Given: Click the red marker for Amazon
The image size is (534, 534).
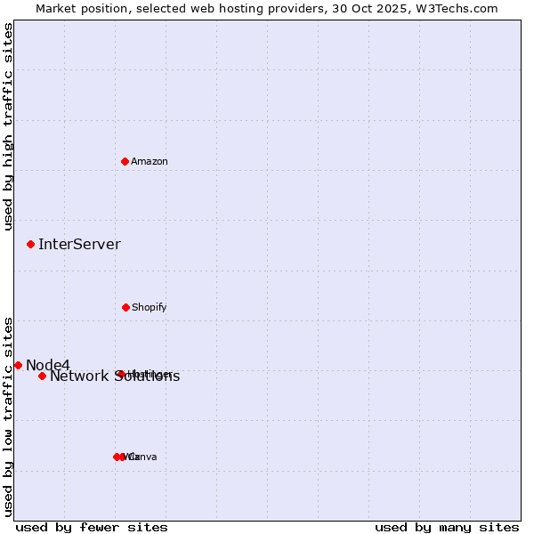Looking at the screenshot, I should [x=125, y=161].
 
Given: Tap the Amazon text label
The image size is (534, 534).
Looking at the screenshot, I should [x=150, y=162].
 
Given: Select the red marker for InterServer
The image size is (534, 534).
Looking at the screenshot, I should [x=31, y=244].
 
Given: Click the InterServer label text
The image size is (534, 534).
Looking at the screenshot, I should [x=79, y=245].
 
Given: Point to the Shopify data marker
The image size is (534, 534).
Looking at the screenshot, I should [x=125, y=307].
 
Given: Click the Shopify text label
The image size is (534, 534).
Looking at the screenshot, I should [x=150, y=308].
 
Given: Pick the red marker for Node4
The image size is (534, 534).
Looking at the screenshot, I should [x=18, y=365].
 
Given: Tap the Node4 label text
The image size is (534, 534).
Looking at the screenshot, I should [x=48, y=365].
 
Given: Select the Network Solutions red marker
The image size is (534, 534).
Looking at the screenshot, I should [x=42, y=376].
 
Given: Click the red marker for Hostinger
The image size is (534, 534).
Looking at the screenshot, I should [x=120, y=374].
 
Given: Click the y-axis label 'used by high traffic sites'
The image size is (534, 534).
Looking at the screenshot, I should [x=9, y=126].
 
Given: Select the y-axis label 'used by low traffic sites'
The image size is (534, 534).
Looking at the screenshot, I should [x=9, y=417].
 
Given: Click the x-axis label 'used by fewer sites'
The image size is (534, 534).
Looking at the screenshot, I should [x=92, y=528].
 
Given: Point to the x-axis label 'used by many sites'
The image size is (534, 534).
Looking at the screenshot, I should [x=447, y=528].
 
